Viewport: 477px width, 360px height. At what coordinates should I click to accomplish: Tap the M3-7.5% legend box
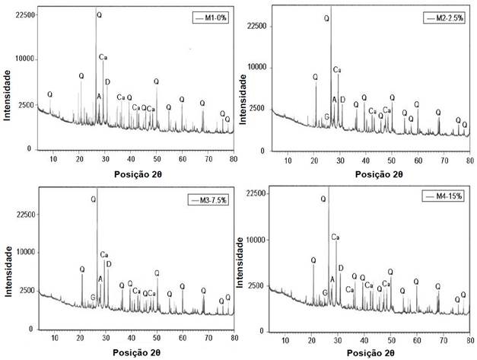pos(211,199)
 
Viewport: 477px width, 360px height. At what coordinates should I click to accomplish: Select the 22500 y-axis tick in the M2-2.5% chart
pos(259,27)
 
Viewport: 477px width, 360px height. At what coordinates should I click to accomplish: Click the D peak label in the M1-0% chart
pos(107,82)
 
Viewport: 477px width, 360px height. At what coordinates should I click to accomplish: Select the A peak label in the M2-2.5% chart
pos(334,100)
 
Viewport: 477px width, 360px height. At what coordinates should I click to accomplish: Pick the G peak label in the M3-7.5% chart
pos(93,297)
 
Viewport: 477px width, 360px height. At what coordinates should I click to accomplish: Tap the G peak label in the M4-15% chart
pos(325,292)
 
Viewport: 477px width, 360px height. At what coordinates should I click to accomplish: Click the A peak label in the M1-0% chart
pos(99,97)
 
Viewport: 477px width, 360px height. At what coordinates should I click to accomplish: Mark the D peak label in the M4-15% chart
pos(341,268)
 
